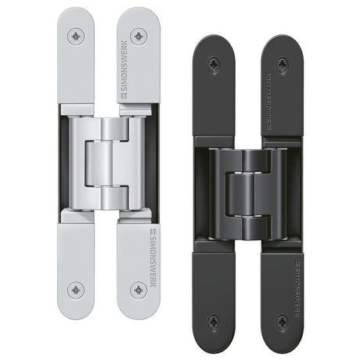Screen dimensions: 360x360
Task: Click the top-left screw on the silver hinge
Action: tap(76, 36)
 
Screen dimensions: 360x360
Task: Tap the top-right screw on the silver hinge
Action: tap(139, 36)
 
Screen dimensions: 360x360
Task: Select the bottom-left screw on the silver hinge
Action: tap(76, 290)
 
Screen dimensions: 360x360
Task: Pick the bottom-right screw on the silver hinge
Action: tap(139, 290)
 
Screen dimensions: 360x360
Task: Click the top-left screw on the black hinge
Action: tap(214, 63)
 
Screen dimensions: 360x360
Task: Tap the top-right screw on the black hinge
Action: tap(282, 63)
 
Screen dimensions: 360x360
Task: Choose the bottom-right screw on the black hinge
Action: tap(282, 321)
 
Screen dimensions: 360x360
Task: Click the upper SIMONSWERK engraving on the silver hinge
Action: tap(125, 70)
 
